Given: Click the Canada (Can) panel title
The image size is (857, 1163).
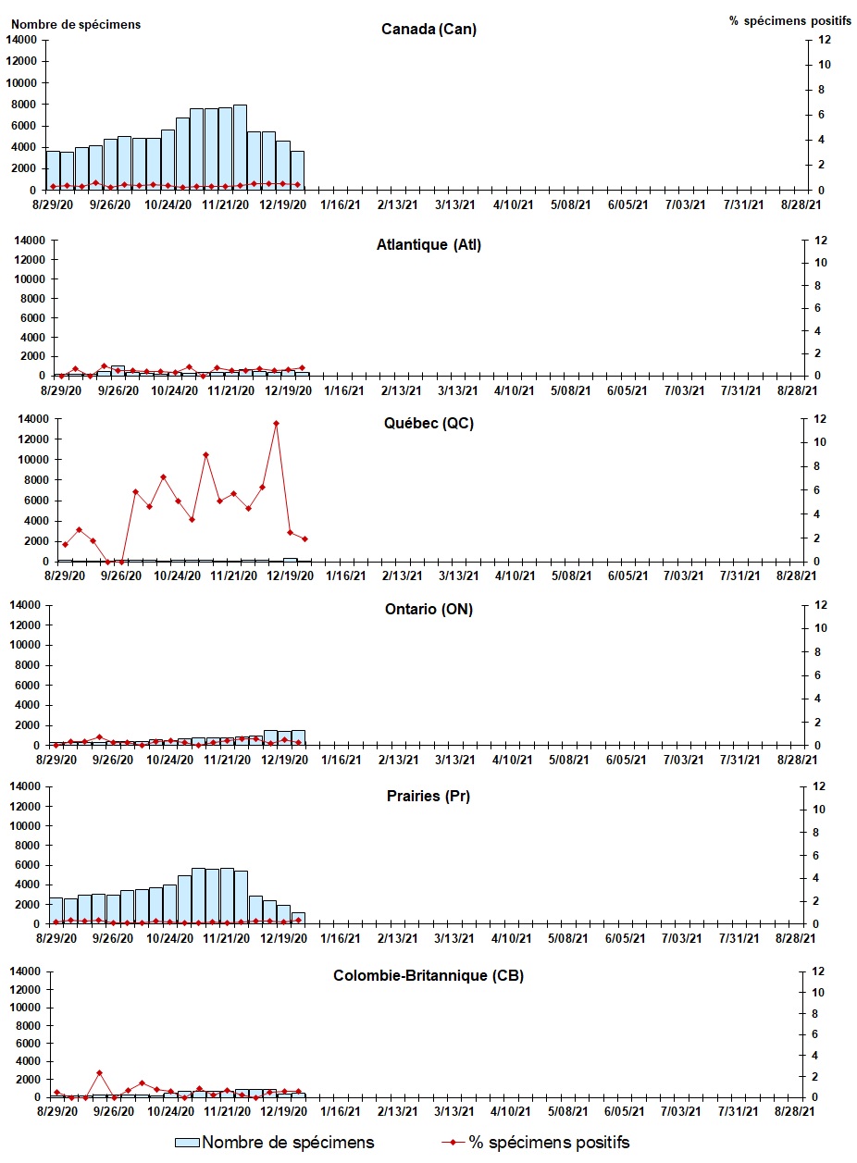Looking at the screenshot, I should pyautogui.click(x=428, y=30).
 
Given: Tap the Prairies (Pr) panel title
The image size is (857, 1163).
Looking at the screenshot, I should pyautogui.click(x=428, y=796).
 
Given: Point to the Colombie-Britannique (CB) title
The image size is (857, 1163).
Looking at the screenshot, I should pyautogui.click(x=428, y=976).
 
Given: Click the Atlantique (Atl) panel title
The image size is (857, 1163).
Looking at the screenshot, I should pyautogui.click(x=428, y=245).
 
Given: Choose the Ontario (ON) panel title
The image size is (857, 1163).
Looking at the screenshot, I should pyautogui.click(x=428, y=610).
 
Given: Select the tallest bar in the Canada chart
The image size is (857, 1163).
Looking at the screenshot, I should pyautogui.click(x=240, y=147).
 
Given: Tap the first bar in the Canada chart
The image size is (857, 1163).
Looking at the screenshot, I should pyautogui.click(x=53, y=170).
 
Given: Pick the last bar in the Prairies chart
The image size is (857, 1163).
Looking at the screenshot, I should pyautogui.click(x=298, y=918).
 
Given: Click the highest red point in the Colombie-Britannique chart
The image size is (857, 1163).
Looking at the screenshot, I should pyautogui.click(x=99, y=1073).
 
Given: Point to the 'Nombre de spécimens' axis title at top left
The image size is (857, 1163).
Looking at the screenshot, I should pyautogui.click(x=77, y=24).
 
